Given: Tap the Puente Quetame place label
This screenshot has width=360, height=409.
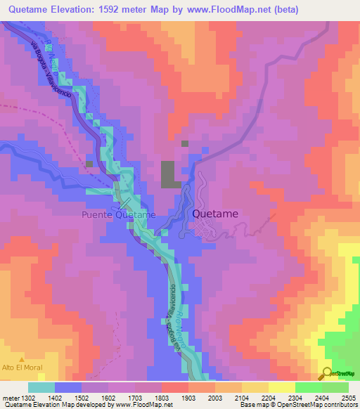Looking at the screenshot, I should point(118,214).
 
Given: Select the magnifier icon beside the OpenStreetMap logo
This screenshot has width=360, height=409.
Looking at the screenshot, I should point(328,373).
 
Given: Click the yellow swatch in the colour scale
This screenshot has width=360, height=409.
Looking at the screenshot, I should point(281,387).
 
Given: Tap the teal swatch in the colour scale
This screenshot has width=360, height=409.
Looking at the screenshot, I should point(41,387).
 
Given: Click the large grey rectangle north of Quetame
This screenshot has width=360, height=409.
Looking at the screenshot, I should point(169,174).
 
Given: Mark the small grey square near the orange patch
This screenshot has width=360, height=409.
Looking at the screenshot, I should point(185,143).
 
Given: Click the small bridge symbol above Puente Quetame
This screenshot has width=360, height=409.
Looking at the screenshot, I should point(124,203).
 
